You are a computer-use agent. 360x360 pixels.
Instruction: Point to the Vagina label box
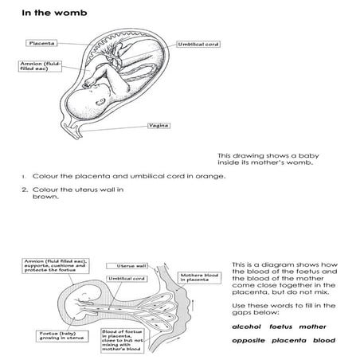tap(158, 125)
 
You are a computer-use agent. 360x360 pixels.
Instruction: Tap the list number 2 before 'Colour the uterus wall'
tap(25, 189)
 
